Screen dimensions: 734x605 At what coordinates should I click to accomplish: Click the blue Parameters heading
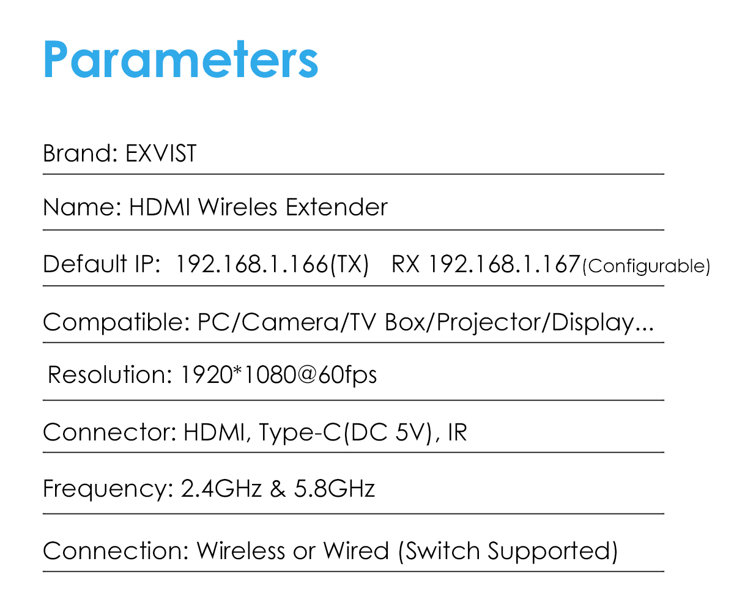[180, 59]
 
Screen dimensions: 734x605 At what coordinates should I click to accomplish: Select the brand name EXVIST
[161, 154]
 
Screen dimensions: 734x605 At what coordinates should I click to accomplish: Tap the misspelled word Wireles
[238, 207]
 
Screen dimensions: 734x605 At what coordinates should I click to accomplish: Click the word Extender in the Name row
[337, 207]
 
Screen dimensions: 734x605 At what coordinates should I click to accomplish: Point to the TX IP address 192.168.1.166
[251, 264]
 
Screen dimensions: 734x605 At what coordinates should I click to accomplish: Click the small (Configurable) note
[646, 266]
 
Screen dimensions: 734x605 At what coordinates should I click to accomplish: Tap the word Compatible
[117, 322]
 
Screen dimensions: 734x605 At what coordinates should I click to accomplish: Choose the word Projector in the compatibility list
[489, 323]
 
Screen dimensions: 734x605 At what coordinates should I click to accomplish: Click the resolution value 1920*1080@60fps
[279, 375]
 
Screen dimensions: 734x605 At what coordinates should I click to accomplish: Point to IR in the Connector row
[458, 432]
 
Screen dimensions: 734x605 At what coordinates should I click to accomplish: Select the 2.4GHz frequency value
[221, 488]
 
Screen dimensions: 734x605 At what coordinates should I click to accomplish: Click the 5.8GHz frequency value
[335, 488]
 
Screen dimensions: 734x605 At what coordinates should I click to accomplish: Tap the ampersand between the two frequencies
[278, 488]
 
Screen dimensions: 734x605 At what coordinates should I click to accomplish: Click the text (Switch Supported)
[508, 552]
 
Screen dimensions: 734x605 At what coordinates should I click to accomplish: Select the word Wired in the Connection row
[356, 551]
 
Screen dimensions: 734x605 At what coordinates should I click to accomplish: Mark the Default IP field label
[102, 264]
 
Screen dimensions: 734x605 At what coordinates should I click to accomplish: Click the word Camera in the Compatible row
[291, 322]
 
